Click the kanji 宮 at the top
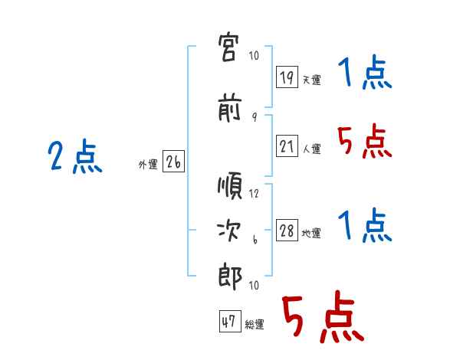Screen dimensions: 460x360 tap(229, 47)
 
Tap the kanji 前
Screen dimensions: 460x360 tap(230, 107)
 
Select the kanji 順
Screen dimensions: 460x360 tap(230, 186)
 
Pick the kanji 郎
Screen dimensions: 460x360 tap(230, 277)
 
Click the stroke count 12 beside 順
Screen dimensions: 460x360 tap(254, 194)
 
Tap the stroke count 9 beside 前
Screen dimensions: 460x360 tap(255, 117)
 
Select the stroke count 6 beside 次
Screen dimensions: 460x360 tap(255, 240)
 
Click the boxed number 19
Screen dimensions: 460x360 tap(287, 77)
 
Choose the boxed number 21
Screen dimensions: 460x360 tap(287, 146)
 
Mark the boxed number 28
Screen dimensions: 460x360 tap(287, 230)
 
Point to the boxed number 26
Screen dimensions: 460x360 tap(173, 162)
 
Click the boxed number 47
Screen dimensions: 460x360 tap(230, 321)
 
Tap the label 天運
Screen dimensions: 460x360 tap(311, 80)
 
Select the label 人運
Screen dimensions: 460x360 tap(311, 149)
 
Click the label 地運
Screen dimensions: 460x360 tap(311, 233)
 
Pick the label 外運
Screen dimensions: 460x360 tap(148, 165)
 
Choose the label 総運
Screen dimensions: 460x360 tap(255, 324)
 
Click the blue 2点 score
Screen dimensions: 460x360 tap(75, 156)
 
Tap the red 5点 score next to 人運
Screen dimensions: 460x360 tap(365, 141)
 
